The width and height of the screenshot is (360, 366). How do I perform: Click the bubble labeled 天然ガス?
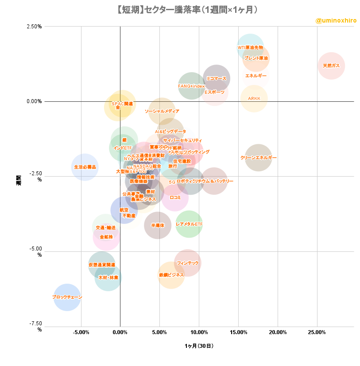331,65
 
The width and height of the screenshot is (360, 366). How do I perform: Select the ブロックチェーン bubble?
67,297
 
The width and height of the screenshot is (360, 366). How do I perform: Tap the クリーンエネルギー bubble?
258,158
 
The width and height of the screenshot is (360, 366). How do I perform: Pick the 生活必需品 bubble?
85,167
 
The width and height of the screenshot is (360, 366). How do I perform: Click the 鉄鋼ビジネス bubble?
171,275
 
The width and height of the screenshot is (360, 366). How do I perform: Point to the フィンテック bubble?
188,263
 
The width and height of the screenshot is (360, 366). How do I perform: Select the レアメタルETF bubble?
189,224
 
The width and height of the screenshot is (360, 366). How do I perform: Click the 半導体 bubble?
157,225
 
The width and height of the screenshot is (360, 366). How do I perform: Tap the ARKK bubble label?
254,99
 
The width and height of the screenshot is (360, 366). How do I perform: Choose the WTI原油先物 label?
250,47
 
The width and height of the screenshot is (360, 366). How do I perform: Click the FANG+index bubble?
192,86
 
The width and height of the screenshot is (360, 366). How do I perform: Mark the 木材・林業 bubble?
108,277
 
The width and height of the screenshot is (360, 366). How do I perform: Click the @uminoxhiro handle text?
336,21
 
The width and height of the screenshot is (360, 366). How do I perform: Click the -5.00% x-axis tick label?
81,331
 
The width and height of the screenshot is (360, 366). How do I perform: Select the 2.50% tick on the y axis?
34,26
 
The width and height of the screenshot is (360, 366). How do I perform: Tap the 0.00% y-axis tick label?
34,101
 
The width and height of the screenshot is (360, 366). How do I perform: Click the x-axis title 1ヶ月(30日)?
199,346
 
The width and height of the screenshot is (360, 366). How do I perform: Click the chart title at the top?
180,9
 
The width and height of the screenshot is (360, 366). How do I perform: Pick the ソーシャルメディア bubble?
162,111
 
